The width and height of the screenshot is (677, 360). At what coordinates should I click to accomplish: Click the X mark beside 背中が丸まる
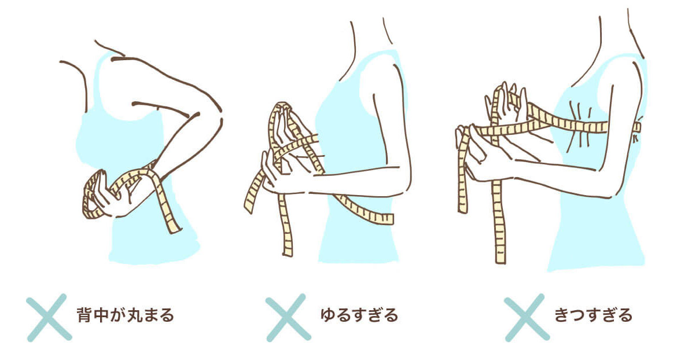(49, 318)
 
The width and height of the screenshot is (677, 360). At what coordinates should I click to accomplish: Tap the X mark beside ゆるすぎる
(288, 318)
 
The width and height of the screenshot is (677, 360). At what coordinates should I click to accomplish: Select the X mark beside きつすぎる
(527, 318)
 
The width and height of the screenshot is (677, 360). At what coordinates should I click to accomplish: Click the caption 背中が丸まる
(125, 315)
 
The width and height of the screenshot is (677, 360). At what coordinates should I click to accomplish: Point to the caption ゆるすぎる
(359, 315)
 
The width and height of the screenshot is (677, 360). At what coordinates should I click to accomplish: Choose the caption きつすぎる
(593, 315)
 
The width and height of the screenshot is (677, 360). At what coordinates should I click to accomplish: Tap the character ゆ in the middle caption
(329, 315)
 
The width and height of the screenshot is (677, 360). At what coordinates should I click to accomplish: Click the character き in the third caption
(562, 315)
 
